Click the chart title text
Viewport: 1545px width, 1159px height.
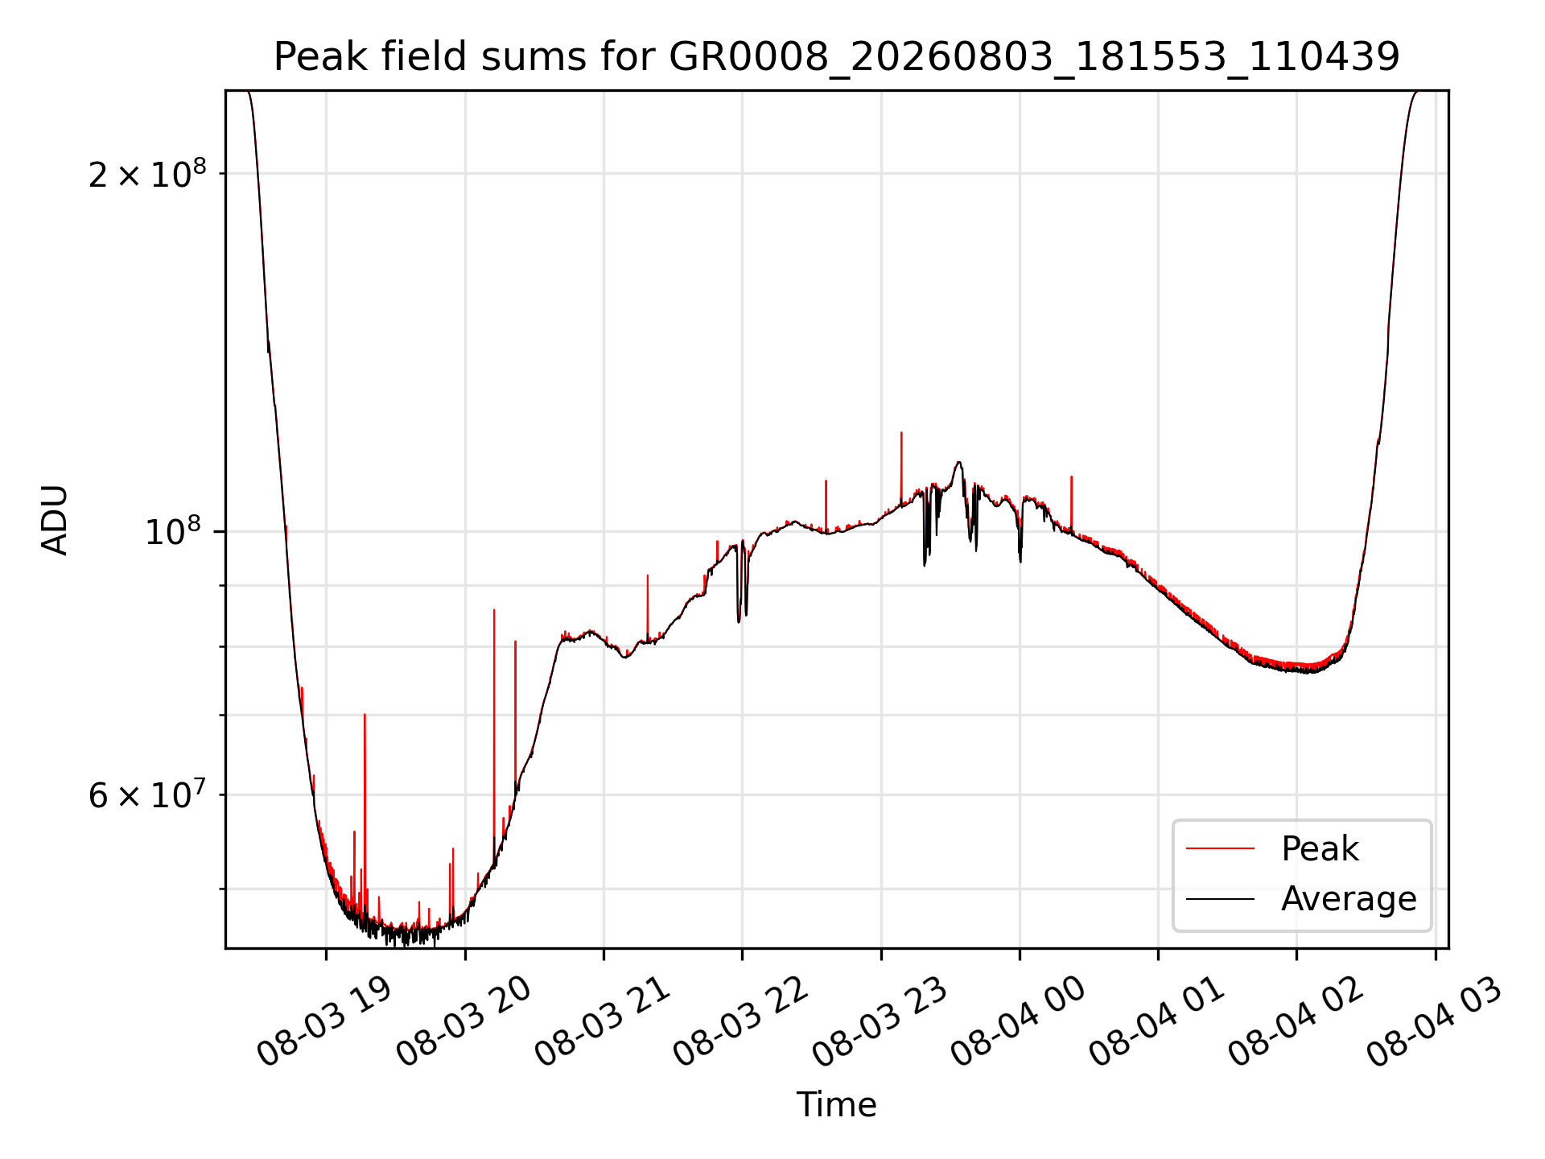[837, 57]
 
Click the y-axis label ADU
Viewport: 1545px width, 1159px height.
[55, 520]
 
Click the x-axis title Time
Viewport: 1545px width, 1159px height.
[837, 1104]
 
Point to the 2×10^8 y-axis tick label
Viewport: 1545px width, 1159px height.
[147, 173]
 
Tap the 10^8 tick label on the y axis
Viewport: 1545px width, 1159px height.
[175, 531]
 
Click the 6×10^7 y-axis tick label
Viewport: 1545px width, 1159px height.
[147, 794]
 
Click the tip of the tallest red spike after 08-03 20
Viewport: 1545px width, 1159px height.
[494, 610]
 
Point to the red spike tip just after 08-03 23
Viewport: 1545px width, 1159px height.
[901, 433]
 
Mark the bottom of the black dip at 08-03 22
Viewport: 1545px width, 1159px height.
[739, 622]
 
